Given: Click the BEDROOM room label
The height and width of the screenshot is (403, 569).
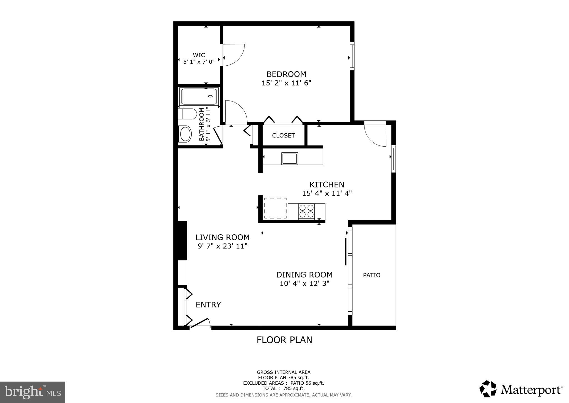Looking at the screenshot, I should (286, 74).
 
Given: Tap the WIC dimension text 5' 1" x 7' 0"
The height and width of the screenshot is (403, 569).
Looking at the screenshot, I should (199, 62).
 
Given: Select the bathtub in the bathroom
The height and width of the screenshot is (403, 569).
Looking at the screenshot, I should (199, 96).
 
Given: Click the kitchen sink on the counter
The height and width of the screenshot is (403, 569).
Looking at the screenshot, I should (290, 158).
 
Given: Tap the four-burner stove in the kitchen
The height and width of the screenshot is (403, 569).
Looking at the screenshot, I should (306, 211).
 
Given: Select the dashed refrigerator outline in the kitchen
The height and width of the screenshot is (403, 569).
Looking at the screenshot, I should (275, 208).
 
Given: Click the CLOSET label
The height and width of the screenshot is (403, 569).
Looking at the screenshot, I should (283, 136).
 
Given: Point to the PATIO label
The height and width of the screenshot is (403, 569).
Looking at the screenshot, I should (371, 275).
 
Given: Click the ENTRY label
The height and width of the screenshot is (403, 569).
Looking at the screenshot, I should (208, 305).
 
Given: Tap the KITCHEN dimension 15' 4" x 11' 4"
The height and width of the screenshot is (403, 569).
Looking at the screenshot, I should (327, 193).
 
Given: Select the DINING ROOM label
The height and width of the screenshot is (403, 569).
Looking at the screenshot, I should (304, 275).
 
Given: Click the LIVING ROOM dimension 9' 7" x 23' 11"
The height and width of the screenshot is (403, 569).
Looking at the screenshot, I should (223, 246).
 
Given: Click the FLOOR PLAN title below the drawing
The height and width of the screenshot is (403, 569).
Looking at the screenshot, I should (284, 340).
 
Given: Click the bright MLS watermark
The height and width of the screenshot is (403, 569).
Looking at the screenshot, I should (33, 392).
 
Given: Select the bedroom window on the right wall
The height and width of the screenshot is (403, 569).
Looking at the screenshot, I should (352, 56).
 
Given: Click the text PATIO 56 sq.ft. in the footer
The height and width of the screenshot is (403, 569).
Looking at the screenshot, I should (307, 383).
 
